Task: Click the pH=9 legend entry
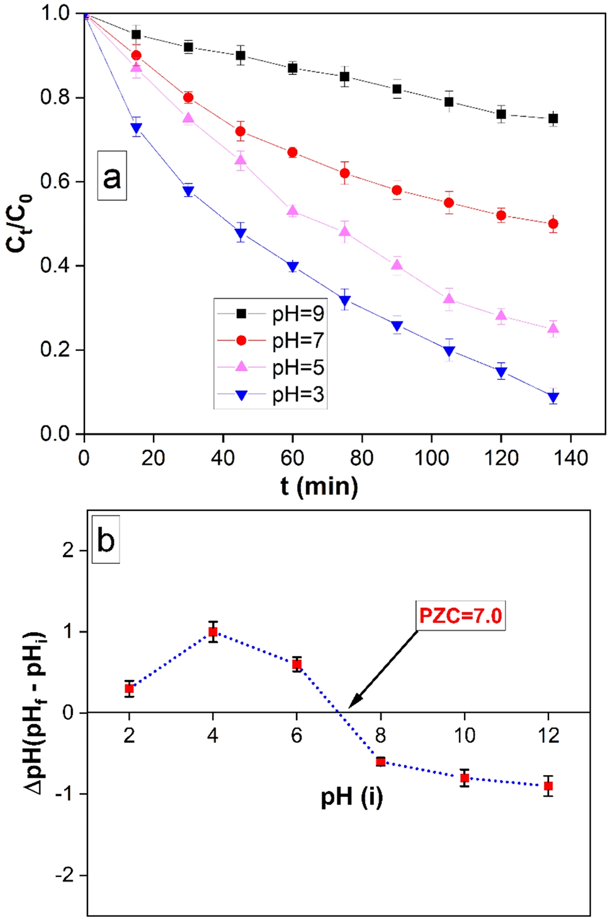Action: click(x=271, y=313)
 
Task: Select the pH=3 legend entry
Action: click(x=271, y=395)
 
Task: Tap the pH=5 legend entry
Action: click(x=271, y=367)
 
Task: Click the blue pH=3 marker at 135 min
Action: click(x=553, y=397)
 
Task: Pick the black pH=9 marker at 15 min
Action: click(x=136, y=35)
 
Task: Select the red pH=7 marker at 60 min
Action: click(x=293, y=152)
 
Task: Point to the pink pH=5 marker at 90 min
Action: click(x=397, y=265)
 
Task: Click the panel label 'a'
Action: click(x=112, y=176)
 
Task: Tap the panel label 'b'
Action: click(x=106, y=540)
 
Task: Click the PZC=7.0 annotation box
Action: click(x=461, y=614)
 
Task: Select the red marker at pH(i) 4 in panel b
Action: click(x=213, y=631)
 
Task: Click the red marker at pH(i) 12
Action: click(x=548, y=786)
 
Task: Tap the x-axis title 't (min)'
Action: click(x=319, y=486)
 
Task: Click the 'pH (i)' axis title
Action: click(x=351, y=796)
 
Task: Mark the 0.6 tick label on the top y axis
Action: click(x=55, y=181)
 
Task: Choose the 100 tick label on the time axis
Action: click(x=431, y=457)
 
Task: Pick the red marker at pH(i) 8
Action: click(x=380, y=761)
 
